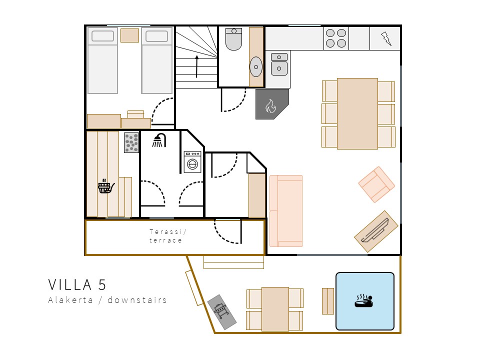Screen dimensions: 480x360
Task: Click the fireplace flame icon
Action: [x=270, y=106]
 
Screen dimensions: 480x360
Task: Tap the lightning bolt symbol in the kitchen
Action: [x=386, y=38]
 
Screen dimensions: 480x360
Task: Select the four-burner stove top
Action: [x=336, y=38]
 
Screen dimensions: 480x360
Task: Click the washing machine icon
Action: [x=192, y=162]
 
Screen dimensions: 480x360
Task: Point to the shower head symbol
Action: [x=159, y=140]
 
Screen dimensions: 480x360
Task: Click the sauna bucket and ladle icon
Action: [x=106, y=186]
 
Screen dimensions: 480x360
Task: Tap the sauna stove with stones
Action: [x=131, y=142]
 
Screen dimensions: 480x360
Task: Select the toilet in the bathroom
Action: [x=234, y=39]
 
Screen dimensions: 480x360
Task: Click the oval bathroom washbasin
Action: [x=256, y=66]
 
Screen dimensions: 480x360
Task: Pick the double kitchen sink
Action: [x=279, y=64]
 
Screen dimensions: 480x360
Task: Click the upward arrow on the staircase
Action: [x=196, y=66]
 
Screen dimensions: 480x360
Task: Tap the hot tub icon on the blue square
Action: [x=364, y=300]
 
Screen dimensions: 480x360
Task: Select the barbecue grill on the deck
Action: [x=222, y=312]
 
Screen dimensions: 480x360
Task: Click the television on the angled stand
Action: [x=375, y=231]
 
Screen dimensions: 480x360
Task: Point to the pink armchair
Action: [x=376, y=184]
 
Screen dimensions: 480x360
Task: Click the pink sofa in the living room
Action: [x=286, y=211]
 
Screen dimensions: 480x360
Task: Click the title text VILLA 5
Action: [x=77, y=284]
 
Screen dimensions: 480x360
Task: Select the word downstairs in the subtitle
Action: [x=137, y=299]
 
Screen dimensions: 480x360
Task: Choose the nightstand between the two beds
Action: [x=129, y=35]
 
